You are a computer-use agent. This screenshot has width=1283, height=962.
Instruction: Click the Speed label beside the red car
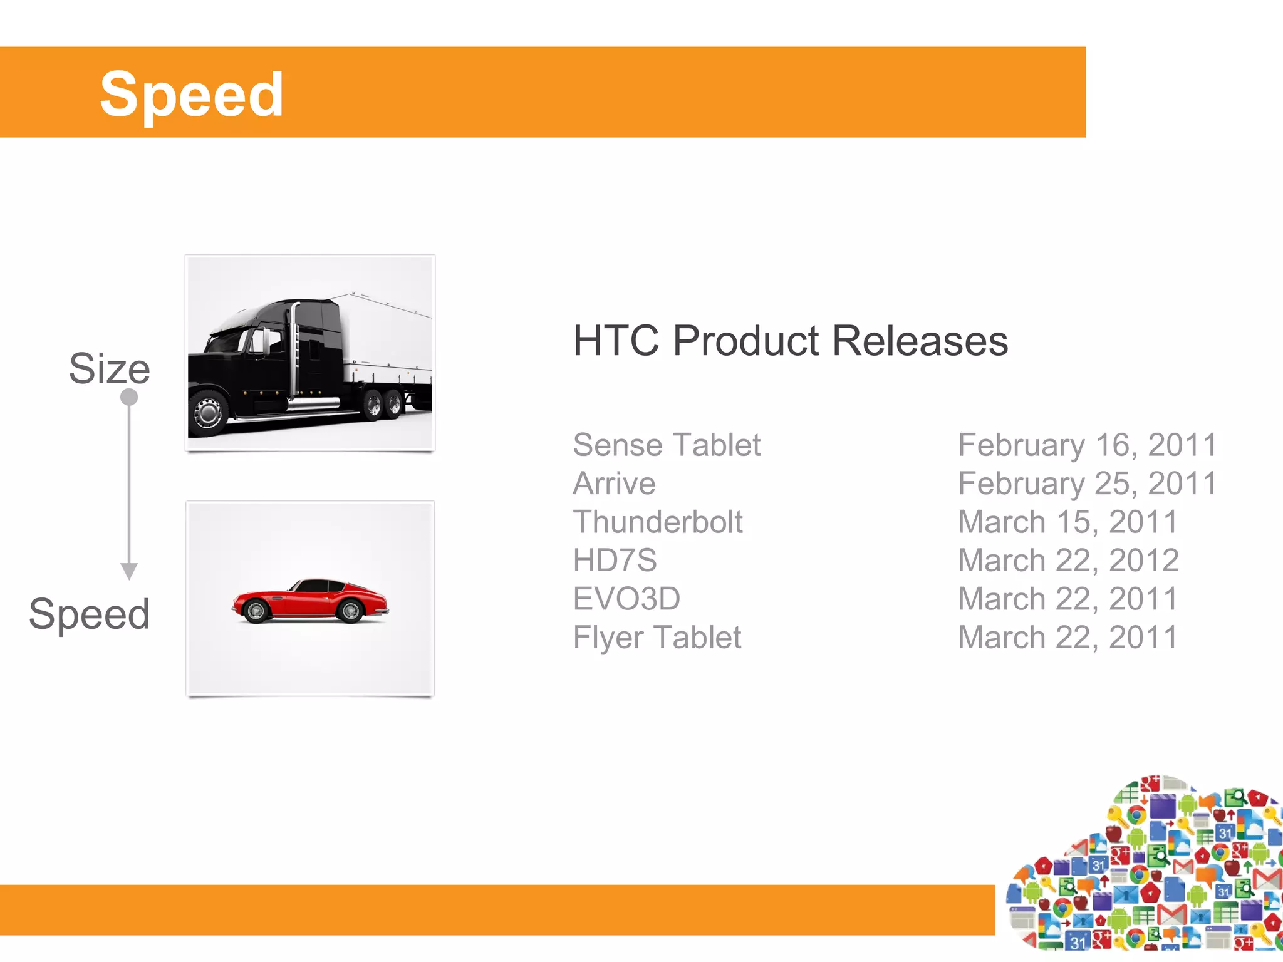(90, 614)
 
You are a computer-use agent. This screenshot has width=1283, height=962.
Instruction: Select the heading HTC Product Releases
(791, 341)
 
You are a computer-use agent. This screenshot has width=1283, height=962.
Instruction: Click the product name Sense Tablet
(667, 445)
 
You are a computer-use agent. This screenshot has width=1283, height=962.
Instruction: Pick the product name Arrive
(614, 484)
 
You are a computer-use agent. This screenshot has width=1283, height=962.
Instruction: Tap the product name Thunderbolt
(658, 522)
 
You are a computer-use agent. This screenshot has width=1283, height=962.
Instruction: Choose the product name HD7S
(615, 561)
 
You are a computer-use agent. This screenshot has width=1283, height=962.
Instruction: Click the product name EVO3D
(626, 599)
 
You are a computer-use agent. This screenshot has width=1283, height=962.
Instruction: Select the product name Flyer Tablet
(657, 638)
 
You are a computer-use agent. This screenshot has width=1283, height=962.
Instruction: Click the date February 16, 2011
(1087, 445)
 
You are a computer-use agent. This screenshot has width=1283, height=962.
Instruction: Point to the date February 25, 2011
(1087, 484)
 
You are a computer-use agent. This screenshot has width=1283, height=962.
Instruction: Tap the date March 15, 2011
(1067, 522)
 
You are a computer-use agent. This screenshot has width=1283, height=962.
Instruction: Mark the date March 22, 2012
(1068, 561)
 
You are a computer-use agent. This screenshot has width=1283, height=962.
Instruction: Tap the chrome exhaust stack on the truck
(293, 351)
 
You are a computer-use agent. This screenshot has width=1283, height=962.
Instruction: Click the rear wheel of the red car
(350, 611)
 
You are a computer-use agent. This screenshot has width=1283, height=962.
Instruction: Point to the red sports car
(310, 601)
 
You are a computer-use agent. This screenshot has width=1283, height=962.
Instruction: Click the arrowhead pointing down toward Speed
(129, 571)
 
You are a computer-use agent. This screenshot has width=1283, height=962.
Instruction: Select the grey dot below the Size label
(129, 397)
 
